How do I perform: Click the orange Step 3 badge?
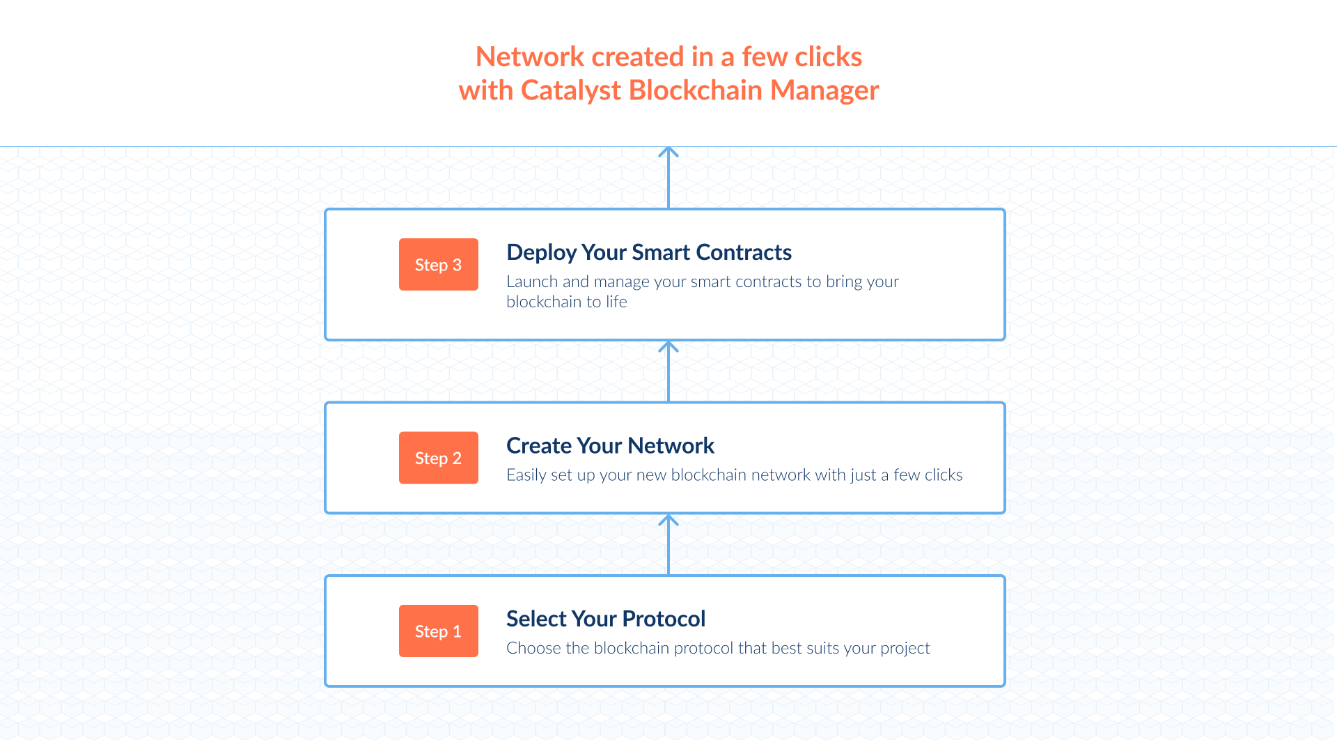click(438, 265)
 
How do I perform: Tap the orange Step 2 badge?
click(438, 458)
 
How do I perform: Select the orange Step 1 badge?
click(438, 631)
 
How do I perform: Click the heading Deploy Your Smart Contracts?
click(648, 252)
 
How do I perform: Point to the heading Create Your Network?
click(610, 445)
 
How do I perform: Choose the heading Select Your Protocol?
click(605, 619)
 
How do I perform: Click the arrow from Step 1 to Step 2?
click(668, 544)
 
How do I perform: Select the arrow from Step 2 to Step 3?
click(668, 371)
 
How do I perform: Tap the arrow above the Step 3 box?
click(668, 177)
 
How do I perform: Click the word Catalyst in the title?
click(570, 91)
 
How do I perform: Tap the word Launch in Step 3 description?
click(532, 282)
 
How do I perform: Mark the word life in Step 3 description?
click(616, 302)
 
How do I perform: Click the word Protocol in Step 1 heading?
click(664, 619)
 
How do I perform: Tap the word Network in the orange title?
click(530, 57)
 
